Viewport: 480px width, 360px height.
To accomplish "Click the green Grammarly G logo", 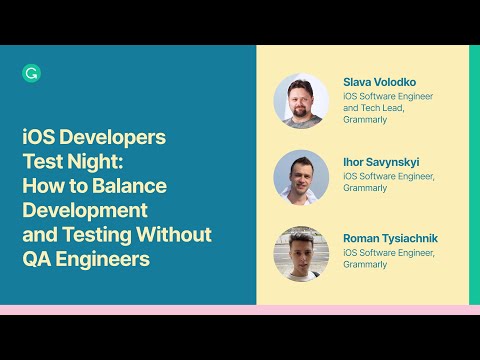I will pyautogui.click(x=30, y=72).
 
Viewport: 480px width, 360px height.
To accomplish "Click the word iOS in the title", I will pyautogui.click(x=37, y=138).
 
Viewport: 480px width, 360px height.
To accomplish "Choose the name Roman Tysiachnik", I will pyautogui.click(x=390, y=238).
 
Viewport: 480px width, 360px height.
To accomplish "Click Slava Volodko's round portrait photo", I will pyautogui.click(x=301, y=100).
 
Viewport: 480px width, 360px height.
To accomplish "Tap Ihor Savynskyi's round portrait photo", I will pyautogui.click(x=301, y=176).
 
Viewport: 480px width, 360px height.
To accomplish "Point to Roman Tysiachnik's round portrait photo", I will pyautogui.click(x=301, y=253).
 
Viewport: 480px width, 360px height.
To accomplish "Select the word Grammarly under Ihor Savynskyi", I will pyautogui.click(x=364, y=188).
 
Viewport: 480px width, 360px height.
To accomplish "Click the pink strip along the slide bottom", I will pyautogui.click(x=240, y=310).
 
